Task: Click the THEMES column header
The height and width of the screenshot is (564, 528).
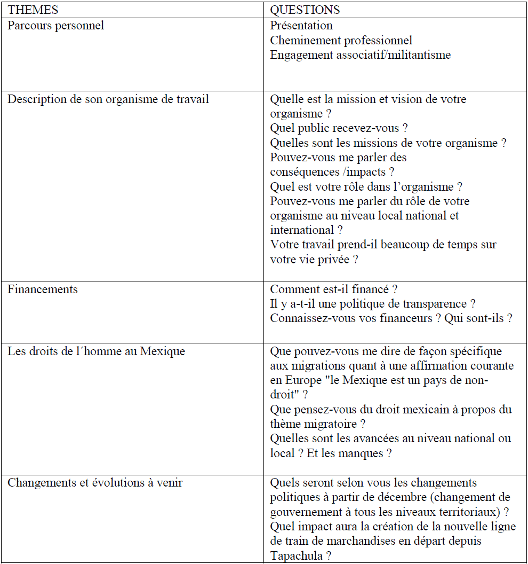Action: click(x=33, y=10)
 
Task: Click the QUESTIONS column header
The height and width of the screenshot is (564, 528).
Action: click(x=305, y=10)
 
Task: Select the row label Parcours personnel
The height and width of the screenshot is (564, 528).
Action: click(x=55, y=26)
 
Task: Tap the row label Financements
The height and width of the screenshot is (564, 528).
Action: click(x=42, y=289)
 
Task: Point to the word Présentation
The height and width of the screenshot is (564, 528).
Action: click(x=301, y=26)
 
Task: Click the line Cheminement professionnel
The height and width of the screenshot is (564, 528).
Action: click(x=341, y=41)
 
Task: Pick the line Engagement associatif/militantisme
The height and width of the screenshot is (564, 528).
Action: click(x=360, y=55)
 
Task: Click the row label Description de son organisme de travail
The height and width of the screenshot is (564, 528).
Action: click(x=108, y=99)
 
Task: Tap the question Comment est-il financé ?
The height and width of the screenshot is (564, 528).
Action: click(x=333, y=289)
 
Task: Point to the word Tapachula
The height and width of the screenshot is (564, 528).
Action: click(x=296, y=555)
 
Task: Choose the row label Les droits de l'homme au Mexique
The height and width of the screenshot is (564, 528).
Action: click(x=96, y=351)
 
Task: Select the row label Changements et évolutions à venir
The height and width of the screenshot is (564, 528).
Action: click(x=94, y=483)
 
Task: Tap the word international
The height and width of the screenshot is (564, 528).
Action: click(x=301, y=230)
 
